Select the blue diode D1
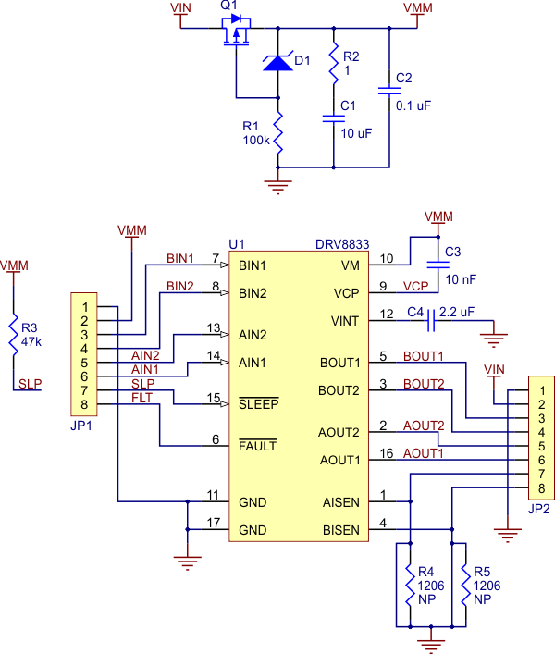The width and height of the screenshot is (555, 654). tap(277, 62)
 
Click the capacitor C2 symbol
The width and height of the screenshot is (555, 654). tap(388, 91)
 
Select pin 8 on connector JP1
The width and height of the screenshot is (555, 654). tap(84, 404)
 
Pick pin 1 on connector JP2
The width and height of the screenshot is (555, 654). tap(541, 390)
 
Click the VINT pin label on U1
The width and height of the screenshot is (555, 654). tap(349, 321)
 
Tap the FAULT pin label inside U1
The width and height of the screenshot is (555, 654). tap(258, 446)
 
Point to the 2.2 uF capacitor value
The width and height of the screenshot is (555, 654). tap(461, 313)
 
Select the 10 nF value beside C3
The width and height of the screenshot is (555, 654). tap(460, 278)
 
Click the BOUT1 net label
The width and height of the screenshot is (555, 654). tap(423, 356)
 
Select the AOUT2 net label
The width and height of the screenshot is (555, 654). tap(423, 426)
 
